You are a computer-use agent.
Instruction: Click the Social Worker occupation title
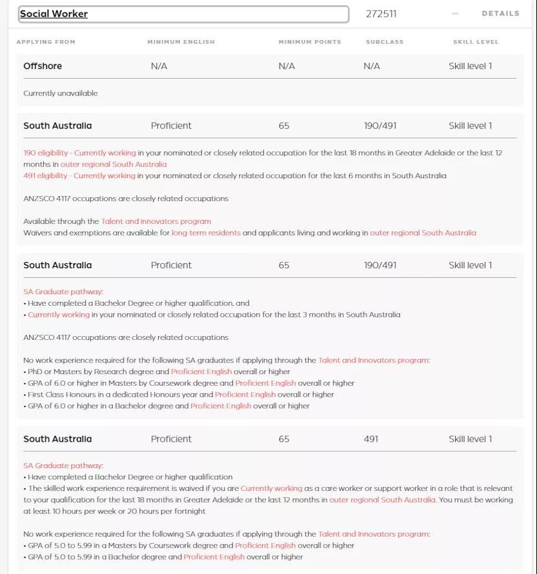point(54,14)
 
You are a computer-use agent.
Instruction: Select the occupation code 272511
point(381,14)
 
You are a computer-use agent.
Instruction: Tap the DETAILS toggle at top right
point(500,14)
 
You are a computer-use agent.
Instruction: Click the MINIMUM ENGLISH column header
point(181,42)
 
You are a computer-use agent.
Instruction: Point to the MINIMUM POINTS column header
point(310,42)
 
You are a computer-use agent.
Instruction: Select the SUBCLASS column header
point(385,42)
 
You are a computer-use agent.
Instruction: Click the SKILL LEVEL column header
point(476,42)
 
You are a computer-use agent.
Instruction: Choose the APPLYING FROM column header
point(46,42)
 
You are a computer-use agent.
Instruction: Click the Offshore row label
point(43,66)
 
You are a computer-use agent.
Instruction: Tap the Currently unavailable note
point(61,94)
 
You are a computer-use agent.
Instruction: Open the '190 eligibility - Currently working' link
point(79,153)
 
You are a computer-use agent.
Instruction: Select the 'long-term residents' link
point(206,233)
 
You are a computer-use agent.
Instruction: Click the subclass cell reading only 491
point(371,439)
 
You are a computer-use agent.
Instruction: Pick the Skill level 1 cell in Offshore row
point(470,66)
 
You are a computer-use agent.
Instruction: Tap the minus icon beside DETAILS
point(456,14)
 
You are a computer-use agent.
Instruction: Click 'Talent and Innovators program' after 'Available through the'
point(156,221)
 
